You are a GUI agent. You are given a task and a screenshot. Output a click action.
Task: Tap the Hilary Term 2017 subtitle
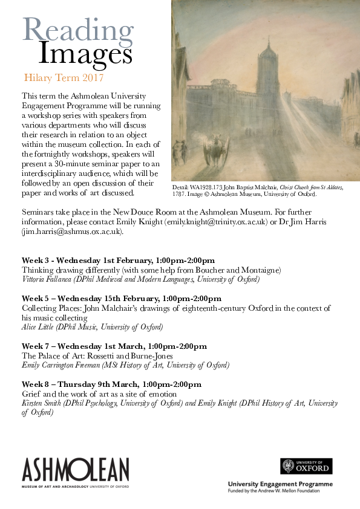tap(64, 78)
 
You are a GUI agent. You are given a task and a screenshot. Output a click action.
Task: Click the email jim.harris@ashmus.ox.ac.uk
tap(72, 231)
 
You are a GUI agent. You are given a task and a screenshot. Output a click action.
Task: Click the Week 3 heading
tap(118, 260)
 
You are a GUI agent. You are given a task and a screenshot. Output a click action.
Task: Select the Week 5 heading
tap(122, 299)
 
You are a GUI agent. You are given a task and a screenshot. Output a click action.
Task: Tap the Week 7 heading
tap(114, 346)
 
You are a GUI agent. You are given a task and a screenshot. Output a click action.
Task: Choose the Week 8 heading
tap(111, 384)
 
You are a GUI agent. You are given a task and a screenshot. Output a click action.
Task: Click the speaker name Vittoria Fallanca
tap(49, 279)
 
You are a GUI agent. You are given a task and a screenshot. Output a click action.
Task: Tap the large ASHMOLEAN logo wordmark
tap(76, 468)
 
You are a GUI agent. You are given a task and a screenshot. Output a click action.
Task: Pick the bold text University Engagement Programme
tap(280, 485)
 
